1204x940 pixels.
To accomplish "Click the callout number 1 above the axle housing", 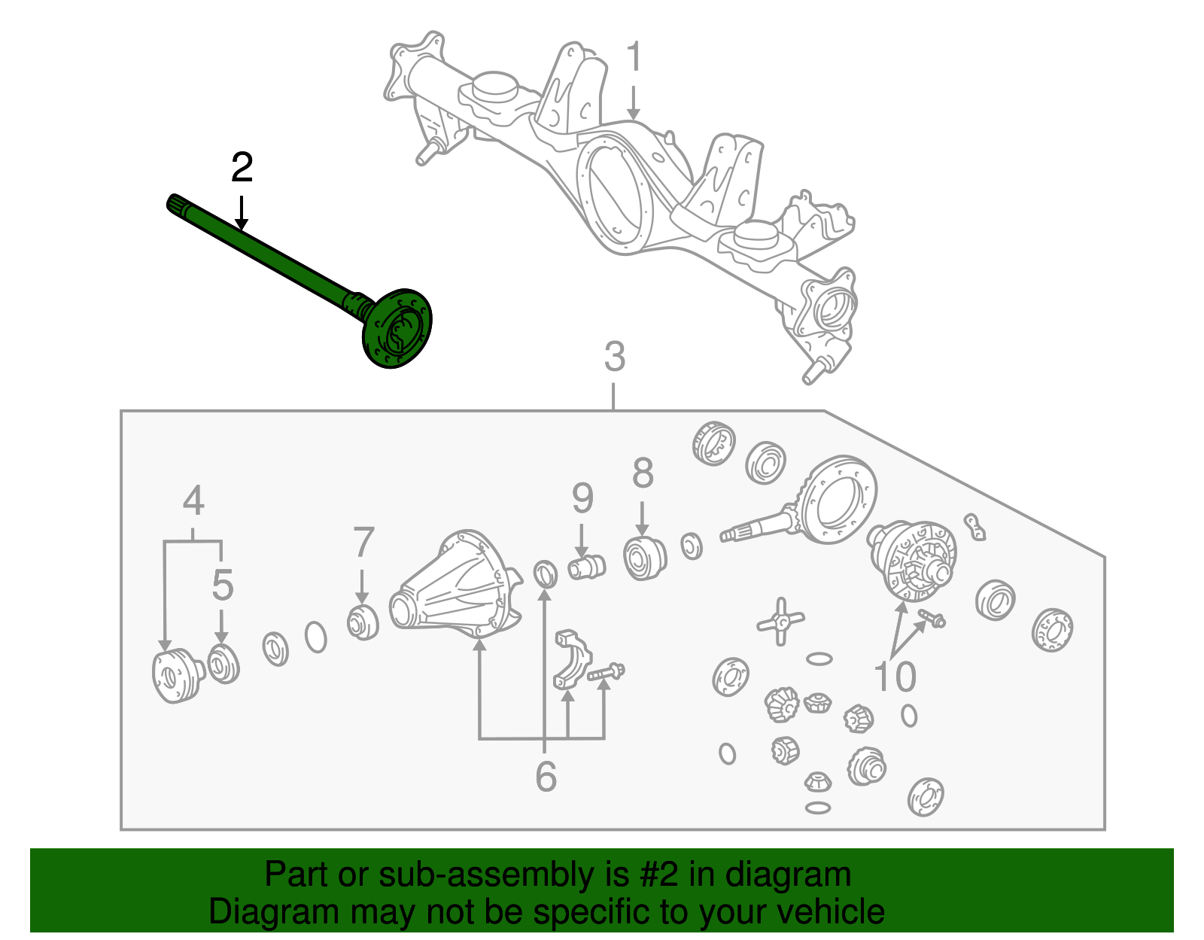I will pyautogui.click(x=634, y=58).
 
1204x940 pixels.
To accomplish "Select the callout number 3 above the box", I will pyautogui.click(x=615, y=357).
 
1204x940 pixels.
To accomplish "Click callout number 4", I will pyautogui.click(x=193, y=501).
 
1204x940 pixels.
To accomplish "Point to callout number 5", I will pyautogui.click(x=222, y=585).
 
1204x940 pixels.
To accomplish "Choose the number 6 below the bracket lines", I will pyautogui.click(x=546, y=777).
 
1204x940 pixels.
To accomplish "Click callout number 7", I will pyautogui.click(x=363, y=543).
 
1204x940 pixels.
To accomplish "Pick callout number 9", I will pyautogui.click(x=582, y=498).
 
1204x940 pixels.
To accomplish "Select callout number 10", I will pyautogui.click(x=895, y=677).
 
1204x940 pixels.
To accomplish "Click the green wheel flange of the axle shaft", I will pyautogui.click(x=397, y=329).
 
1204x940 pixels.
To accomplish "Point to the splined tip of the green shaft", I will pyautogui.click(x=175, y=204).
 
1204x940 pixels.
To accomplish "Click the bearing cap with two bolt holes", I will pyautogui.click(x=573, y=661).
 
